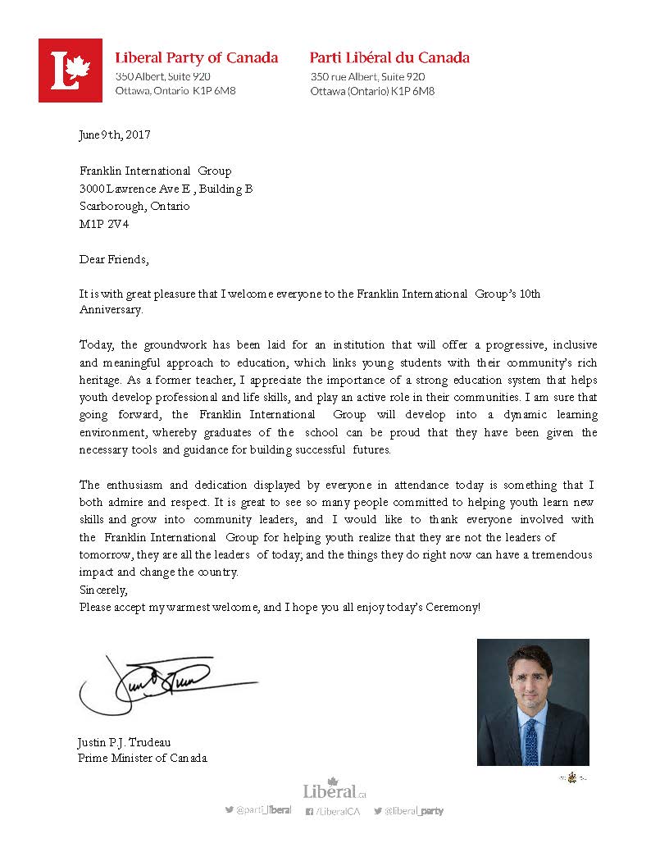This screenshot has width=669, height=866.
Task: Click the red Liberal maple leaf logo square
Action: click(71, 71)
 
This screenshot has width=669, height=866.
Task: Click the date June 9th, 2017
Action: click(115, 134)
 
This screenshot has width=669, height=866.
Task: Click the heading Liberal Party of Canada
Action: click(197, 58)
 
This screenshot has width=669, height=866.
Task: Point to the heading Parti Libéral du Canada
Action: click(389, 58)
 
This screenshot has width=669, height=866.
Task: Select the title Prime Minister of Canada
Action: click(143, 758)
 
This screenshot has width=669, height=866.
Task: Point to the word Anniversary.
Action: click(111, 310)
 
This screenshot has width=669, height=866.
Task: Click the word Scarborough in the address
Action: click(111, 206)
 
